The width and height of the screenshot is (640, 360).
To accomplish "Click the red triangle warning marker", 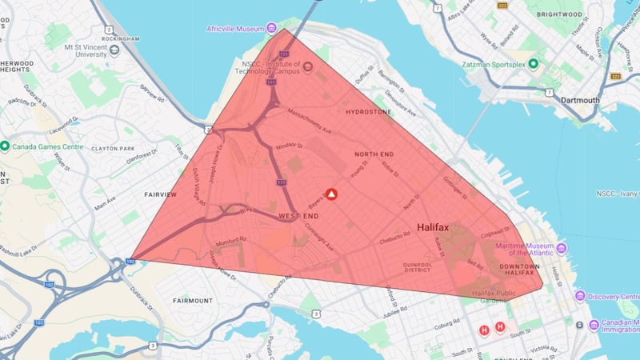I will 331,194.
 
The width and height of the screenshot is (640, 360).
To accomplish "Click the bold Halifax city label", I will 433,228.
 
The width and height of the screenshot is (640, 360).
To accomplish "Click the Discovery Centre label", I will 615,296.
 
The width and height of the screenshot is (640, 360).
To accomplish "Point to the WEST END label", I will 299,217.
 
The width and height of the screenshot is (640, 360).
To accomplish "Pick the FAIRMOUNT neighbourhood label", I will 193,301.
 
